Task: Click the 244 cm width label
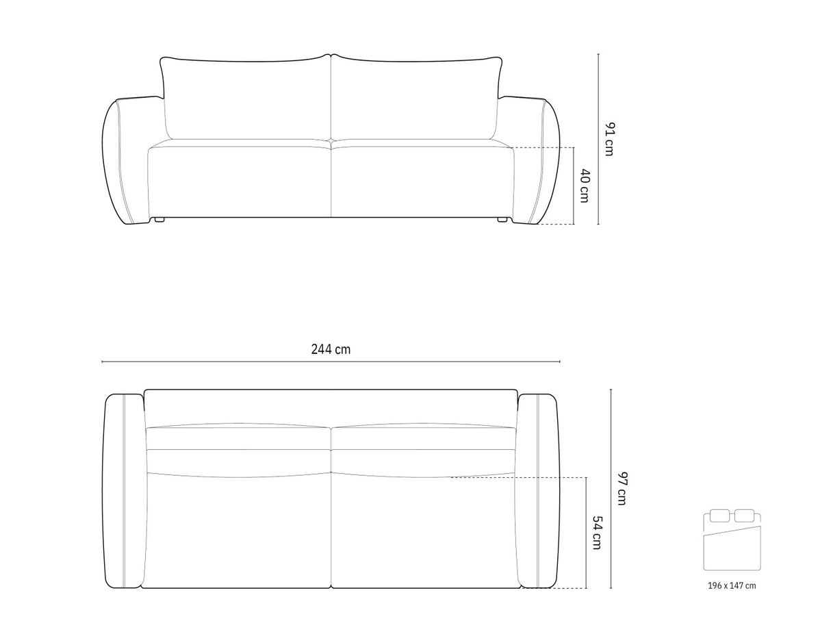331,349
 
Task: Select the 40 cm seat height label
584,186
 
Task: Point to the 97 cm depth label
622,488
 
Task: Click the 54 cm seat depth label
597,533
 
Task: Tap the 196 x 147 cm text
732,585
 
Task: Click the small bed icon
732,541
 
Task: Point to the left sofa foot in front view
159,220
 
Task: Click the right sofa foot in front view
502,220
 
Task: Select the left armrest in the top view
123,490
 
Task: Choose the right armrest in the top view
538,490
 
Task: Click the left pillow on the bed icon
720,516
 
